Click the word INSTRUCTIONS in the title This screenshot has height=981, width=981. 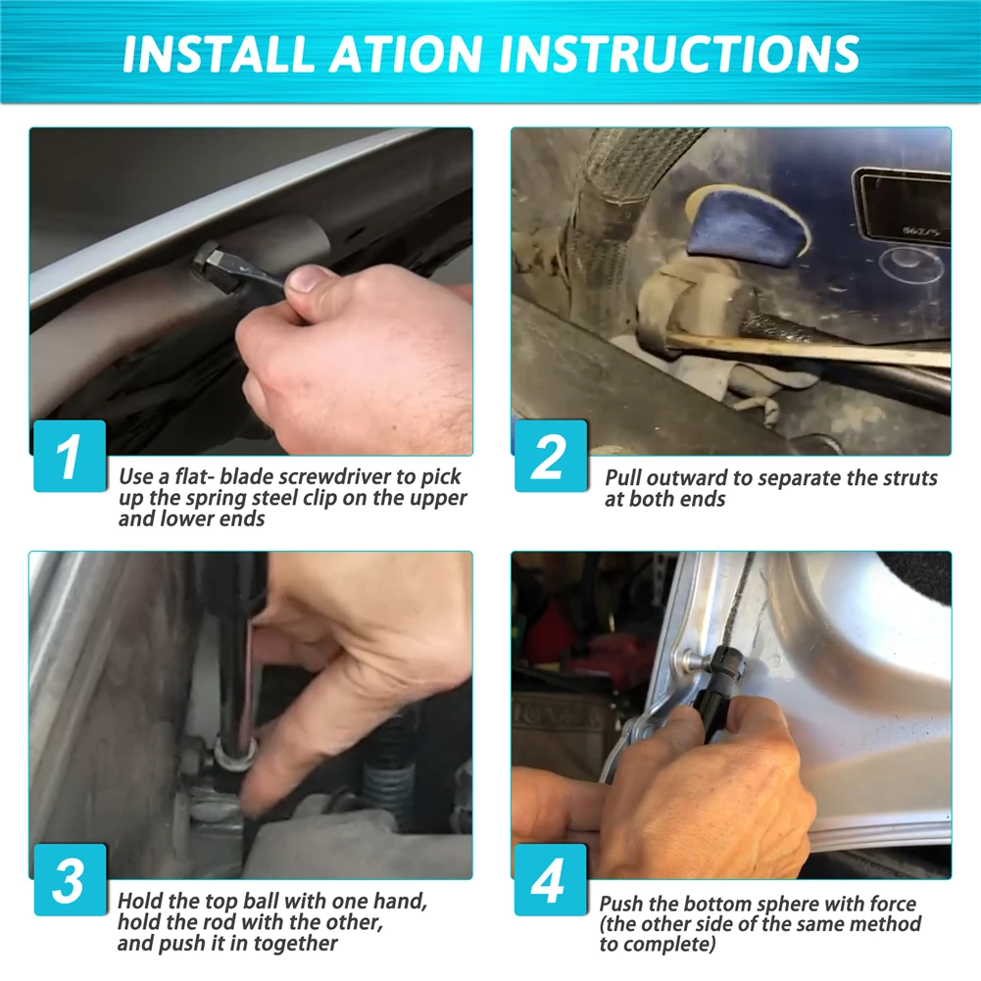678,53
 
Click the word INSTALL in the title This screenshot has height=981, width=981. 218,53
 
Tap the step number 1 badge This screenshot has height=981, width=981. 70,456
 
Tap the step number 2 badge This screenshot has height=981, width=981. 551,456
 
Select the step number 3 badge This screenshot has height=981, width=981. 70,880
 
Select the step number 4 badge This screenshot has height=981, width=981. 551,880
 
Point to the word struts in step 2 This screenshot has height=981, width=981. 910,478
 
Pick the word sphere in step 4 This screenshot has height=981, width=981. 786,904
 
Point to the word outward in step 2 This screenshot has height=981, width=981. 687,478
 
